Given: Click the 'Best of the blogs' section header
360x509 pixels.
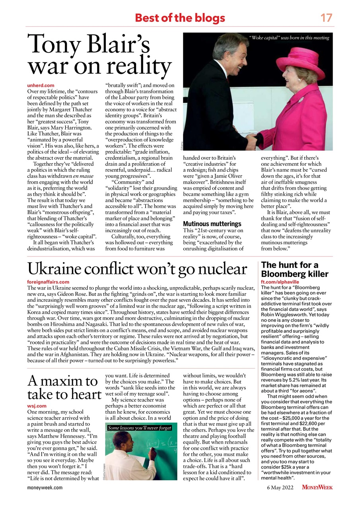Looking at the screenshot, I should click(x=180, y=18).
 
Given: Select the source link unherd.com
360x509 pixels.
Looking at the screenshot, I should click(x=41, y=85).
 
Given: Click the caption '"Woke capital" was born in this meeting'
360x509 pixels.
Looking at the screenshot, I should click(x=289, y=38).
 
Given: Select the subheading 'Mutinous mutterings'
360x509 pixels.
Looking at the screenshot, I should click(x=212, y=224).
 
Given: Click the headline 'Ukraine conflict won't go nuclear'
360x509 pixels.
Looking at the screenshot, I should click(x=137, y=270).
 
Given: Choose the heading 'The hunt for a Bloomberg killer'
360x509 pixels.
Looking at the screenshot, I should click(x=295, y=269).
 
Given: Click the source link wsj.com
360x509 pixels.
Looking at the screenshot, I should click(x=36, y=406).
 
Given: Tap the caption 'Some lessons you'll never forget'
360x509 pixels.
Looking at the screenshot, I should click(x=140, y=428).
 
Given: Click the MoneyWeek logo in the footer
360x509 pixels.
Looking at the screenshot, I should click(x=317, y=487).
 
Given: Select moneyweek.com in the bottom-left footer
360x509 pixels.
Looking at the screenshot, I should click(x=45, y=487).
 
